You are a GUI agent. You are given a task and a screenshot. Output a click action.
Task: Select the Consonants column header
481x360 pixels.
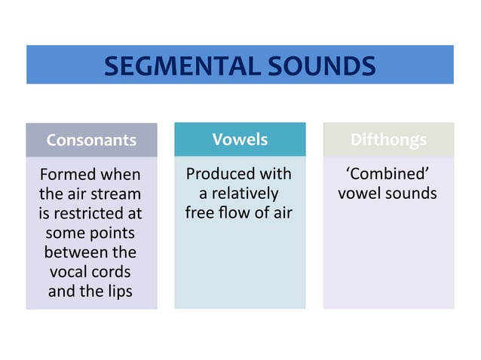tap(91, 140)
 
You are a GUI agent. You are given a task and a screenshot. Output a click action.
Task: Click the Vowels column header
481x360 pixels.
tap(240, 139)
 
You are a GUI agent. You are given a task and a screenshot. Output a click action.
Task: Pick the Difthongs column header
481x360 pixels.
tap(388, 139)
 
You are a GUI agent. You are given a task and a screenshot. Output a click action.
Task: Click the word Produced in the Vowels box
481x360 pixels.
tap(216, 174)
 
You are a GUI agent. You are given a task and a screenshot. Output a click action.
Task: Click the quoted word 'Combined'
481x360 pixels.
tap(388, 174)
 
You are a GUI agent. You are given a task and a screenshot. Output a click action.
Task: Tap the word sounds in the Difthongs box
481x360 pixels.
tap(410, 194)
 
